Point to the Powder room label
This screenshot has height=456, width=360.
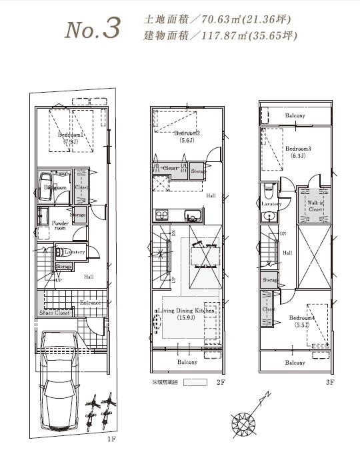(x=60, y=225)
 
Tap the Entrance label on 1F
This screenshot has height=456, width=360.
(x=90, y=303)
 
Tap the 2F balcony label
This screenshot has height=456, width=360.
(x=187, y=362)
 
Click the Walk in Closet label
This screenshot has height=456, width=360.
(x=315, y=205)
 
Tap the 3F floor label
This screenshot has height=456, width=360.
(x=330, y=383)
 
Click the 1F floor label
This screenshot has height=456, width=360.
(x=111, y=439)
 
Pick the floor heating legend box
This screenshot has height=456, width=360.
(x=195, y=383)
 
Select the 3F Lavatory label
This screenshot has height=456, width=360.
(x=271, y=203)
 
